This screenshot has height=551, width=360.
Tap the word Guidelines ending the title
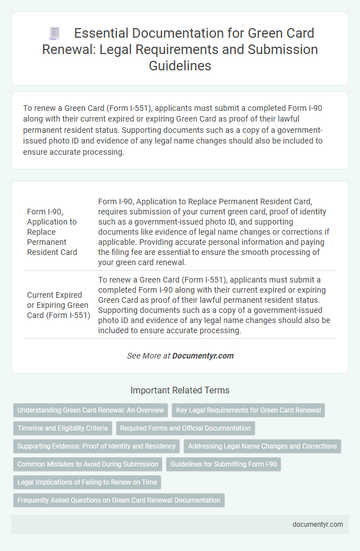(180, 66)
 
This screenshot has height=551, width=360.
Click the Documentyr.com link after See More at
(202, 356)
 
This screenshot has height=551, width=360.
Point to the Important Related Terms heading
(180, 390)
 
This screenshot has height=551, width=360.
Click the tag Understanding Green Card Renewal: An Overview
(91, 410)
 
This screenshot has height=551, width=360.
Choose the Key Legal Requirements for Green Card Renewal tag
(248, 410)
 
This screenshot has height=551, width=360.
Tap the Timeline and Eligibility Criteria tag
(62, 428)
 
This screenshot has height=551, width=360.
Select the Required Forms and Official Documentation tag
(186, 428)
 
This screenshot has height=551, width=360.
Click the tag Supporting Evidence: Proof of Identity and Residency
(96, 446)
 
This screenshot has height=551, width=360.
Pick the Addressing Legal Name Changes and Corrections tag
(263, 446)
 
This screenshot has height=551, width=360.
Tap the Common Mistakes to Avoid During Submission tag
(87, 464)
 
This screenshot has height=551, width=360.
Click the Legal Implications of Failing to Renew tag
(87, 482)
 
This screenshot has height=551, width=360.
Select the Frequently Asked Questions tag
(119, 500)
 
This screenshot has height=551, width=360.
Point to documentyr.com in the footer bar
(318, 524)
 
